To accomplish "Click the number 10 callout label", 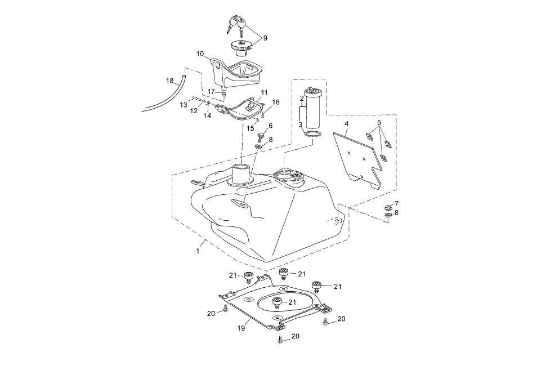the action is tap(200, 54).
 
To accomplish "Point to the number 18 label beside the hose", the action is tap(169, 81).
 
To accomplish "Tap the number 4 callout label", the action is tap(347, 123).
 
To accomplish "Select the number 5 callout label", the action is tap(379, 122).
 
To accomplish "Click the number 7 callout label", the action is tap(396, 203).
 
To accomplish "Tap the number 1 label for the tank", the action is tap(198, 251).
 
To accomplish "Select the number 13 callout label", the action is tap(184, 105).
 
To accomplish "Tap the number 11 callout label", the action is tap(265, 92).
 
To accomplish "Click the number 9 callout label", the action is tap(265, 38).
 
